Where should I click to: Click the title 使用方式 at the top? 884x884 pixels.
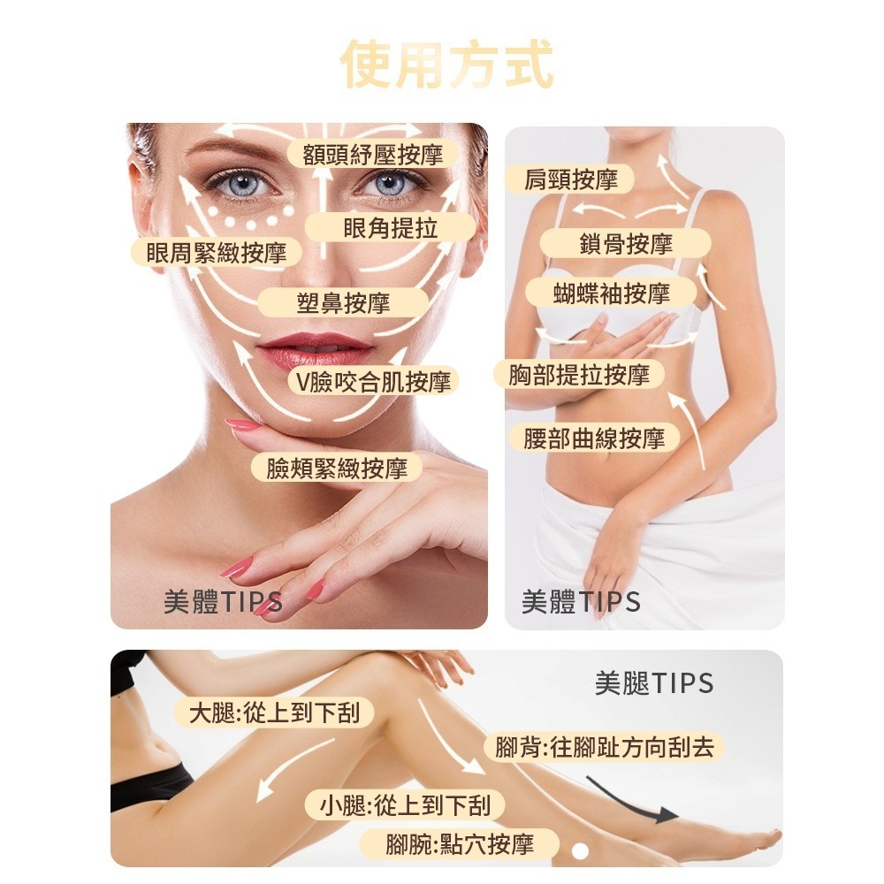[446, 65]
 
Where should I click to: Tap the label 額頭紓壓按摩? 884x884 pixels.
[373, 154]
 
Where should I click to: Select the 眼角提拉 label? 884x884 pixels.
[390, 228]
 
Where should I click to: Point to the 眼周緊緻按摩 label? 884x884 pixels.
[217, 252]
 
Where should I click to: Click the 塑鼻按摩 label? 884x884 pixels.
[343, 302]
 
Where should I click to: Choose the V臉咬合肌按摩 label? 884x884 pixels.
[373, 382]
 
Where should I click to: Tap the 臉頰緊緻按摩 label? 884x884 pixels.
[337, 468]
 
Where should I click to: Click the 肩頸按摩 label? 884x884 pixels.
[570, 179]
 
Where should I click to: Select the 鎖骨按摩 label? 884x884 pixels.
[626, 244]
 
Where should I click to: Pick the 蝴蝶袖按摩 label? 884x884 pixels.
[611, 293]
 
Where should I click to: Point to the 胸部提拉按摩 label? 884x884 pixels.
[579, 374]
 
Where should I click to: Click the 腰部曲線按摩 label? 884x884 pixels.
[594, 438]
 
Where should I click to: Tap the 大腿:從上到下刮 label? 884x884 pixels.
[274, 713]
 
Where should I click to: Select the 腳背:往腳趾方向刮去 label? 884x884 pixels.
[605, 747]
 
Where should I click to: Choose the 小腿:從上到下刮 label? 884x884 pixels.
[405, 805]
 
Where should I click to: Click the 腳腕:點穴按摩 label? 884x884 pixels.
[460, 844]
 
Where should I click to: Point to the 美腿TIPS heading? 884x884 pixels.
[654, 682]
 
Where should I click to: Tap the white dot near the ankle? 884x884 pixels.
[580, 850]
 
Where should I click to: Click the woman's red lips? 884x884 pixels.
[314, 349]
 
